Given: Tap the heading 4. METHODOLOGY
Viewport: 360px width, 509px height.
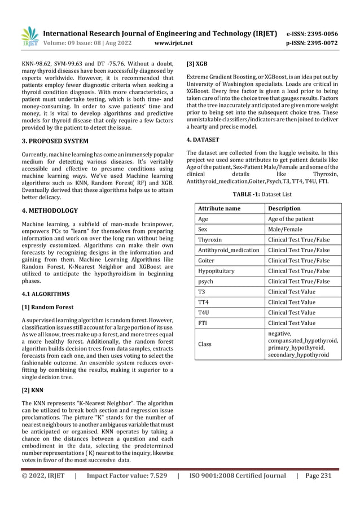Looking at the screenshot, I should coord(50,211).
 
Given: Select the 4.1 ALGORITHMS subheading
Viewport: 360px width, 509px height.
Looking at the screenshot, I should coord(47,294).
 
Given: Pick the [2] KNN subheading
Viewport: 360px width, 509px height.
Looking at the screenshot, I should coord(34,390).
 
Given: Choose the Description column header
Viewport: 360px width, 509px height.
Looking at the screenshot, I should coord(284,208).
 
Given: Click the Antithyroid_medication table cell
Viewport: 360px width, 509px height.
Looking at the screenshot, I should coord(229,250).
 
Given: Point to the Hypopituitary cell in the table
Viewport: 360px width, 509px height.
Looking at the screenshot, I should coord(217,271).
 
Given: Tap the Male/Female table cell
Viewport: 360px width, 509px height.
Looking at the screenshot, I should coord(285,229).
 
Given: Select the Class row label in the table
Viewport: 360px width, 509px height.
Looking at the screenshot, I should coord(205,343).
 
